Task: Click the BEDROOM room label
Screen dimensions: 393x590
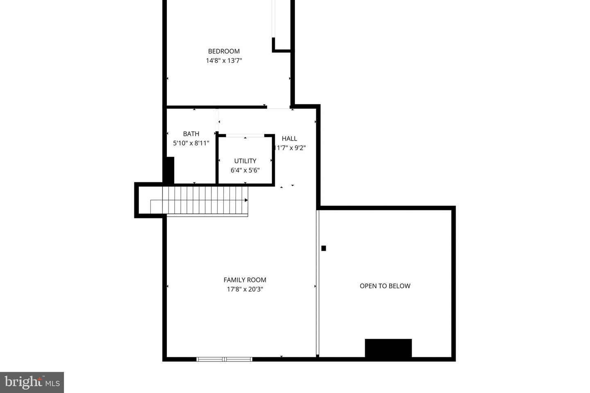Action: pyautogui.click(x=224, y=51)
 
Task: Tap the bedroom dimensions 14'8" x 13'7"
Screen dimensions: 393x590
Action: pyautogui.click(x=224, y=61)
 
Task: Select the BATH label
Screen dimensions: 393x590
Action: pyautogui.click(x=191, y=134)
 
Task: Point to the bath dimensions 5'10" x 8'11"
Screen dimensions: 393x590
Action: pyautogui.click(x=191, y=143)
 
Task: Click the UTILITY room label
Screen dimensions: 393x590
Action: pyautogui.click(x=245, y=161)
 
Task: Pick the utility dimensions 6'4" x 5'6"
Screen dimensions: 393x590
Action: pyautogui.click(x=245, y=170)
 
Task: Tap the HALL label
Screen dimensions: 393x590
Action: pyautogui.click(x=289, y=139)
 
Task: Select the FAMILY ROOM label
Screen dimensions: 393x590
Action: pyautogui.click(x=245, y=280)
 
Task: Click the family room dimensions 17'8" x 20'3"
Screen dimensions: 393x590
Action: pyautogui.click(x=245, y=289)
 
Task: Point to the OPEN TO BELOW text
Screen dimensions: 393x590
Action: pyautogui.click(x=385, y=286)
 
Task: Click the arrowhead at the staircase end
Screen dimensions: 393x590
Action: pyautogui.click(x=246, y=200)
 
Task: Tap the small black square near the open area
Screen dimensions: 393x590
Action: pyautogui.click(x=324, y=248)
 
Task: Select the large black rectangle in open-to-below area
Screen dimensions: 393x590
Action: pyautogui.click(x=388, y=348)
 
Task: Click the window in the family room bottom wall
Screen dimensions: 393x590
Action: pyautogui.click(x=224, y=359)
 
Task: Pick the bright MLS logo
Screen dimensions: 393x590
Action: pyautogui.click(x=32, y=382)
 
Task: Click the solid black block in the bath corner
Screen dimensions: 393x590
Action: pyautogui.click(x=169, y=170)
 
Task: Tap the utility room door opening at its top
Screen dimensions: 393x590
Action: pyautogui.click(x=245, y=135)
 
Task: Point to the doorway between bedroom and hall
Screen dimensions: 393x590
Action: pyautogui.click(x=279, y=108)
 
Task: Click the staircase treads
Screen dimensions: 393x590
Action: pyautogui.click(x=205, y=200)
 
